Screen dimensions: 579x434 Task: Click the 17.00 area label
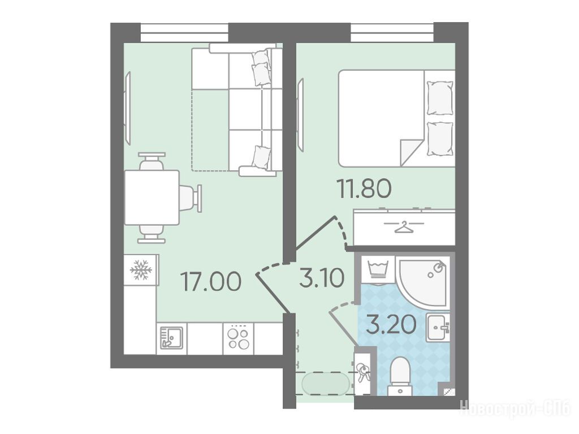pyautogui.click(x=211, y=281)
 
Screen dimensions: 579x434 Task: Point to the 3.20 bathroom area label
pyautogui.click(x=391, y=324)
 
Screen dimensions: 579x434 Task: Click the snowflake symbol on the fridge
pyautogui.click(x=141, y=269)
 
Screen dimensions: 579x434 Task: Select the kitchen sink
pyautogui.click(x=171, y=337)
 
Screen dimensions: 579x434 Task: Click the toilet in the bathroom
pyautogui.click(x=399, y=375)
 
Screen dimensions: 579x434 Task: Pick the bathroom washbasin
pyautogui.click(x=438, y=327)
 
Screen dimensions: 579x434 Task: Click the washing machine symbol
pyautogui.click(x=378, y=270)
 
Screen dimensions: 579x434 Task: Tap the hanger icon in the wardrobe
pyautogui.click(x=404, y=227)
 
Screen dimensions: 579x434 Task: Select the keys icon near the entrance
pyautogui.click(x=362, y=372)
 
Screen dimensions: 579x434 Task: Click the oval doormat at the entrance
pyautogui.click(x=325, y=384)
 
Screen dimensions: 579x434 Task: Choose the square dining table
pyautogui.click(x=152, y=197)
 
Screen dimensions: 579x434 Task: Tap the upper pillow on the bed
pyautogui.click(x=439, y=97)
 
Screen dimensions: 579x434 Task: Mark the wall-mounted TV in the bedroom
pyautogui.click(x=301, y=115)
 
